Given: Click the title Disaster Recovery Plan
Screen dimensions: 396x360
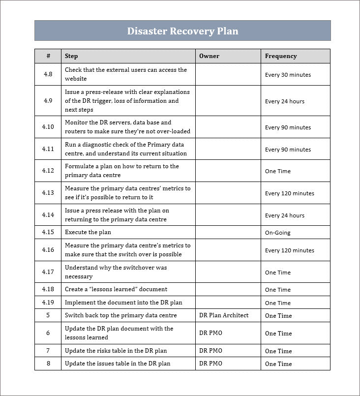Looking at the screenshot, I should point(182,31).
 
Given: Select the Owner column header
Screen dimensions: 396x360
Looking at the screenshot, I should point(209,56).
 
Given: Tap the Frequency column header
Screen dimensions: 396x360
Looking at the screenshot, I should point(281,56).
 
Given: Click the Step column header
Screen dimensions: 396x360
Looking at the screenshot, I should point(71,56).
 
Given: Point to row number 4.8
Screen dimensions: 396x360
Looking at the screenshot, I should point(48,74).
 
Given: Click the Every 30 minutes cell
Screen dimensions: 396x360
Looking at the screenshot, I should point(288,75).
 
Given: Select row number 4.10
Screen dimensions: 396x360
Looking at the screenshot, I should point(48,127).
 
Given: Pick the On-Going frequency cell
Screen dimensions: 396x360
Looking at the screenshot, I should point(277,233).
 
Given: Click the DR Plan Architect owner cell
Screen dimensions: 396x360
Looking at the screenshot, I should point(224,315).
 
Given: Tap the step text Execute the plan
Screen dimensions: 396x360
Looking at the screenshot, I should point(88,232).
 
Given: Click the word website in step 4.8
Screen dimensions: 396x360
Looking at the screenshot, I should point(76,79).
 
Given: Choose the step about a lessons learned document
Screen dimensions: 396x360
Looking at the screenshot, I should point(116,289).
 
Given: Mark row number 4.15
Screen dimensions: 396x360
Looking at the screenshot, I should point(48,232).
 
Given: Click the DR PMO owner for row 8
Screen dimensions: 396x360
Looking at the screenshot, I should point(210,364).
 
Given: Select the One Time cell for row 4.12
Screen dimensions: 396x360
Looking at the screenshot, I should point(277,171).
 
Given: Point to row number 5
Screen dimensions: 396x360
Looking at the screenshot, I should point(48,315).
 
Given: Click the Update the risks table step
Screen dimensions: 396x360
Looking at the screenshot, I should point(116,351).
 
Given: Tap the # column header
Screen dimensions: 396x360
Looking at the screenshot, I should point(48,56).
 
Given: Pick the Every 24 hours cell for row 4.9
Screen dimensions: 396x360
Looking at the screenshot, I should point(284,101).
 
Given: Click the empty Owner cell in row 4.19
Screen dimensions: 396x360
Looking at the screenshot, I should point(228,303).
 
